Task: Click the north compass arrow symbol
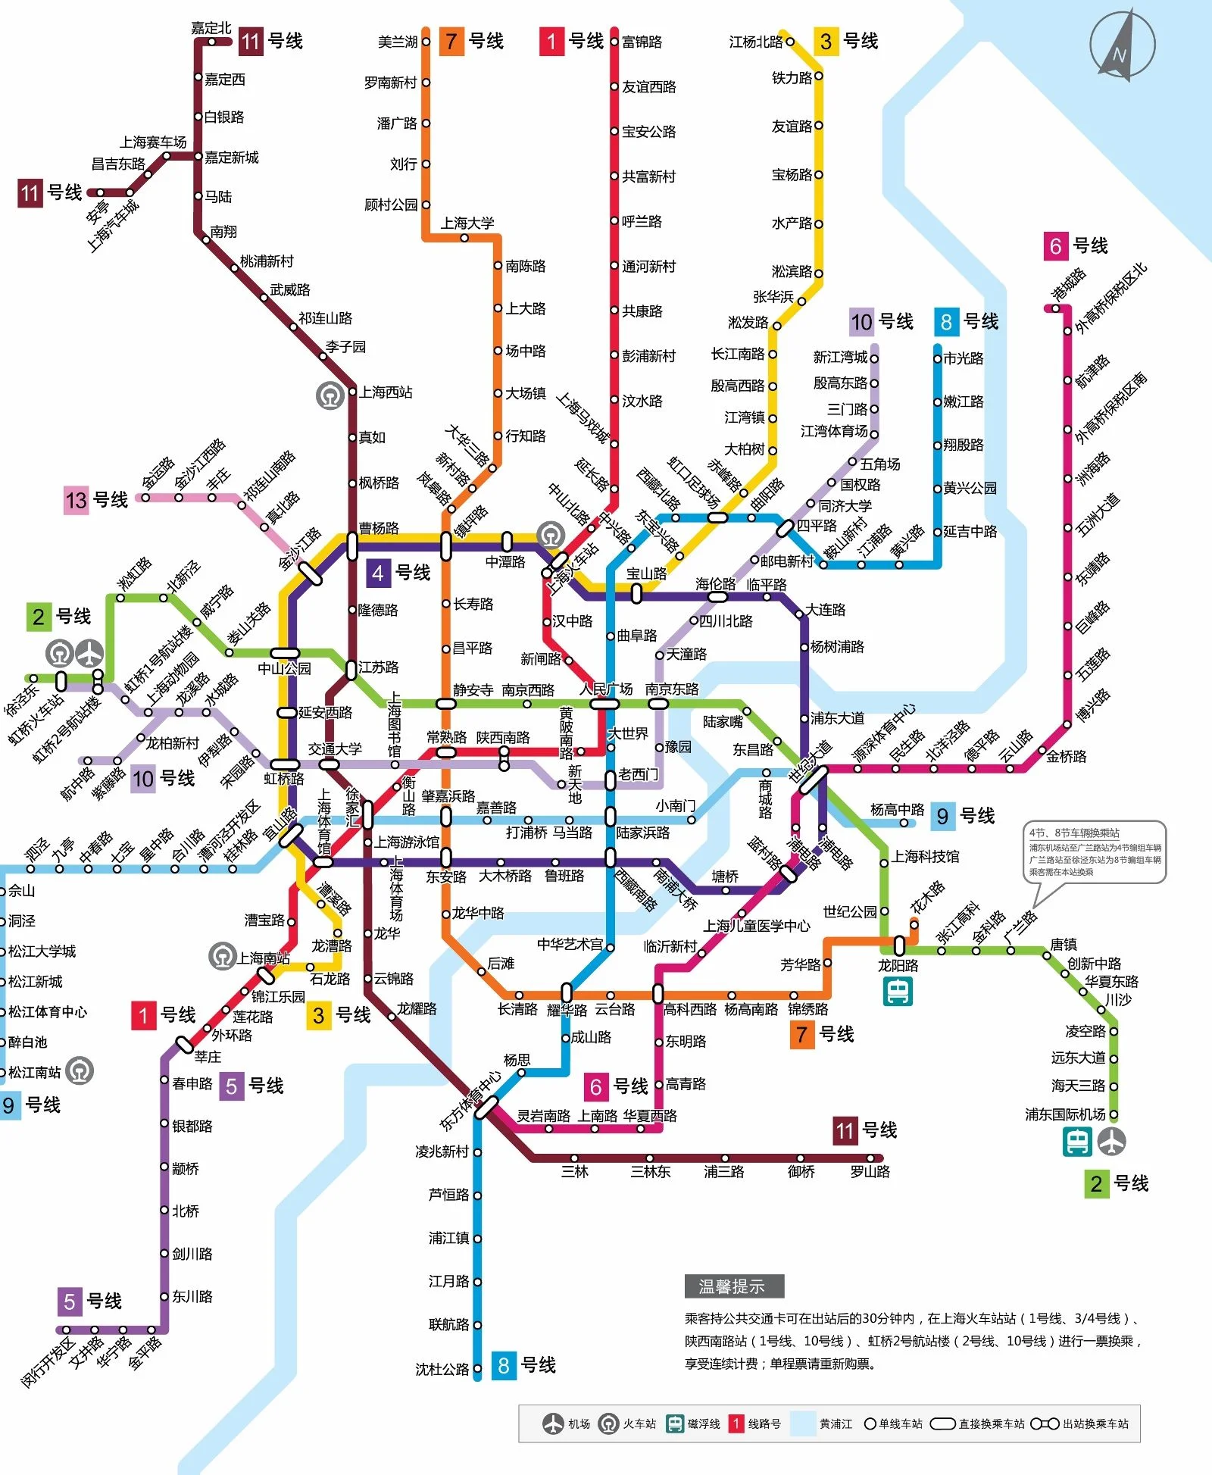pyautogui.click(x=1122, y=45)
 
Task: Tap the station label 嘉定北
pyautogui.click(x=211, y=28)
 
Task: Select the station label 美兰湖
pyautogui.click(x=398, y=42)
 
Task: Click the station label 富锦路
pyautogui.click(x=642, y=42)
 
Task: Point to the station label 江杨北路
pyautogui.click(x=755, y=42)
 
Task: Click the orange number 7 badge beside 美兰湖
pyautogui.click(x=451, y=41)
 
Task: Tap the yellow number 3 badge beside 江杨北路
pyautogui.click(x=826, y=41)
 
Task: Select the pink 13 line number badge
pyautogui.click(x=76, y=500)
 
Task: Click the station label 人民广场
pyautogui.click(x=606, y=689)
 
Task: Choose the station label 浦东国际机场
pyautogui.click(x=1065, y=1114)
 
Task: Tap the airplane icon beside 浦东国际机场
pyautogui.click(x=1111, y=1142)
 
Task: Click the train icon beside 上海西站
pyautogui.click(x=330, y=395)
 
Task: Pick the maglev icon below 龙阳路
pyautogui.click(x=898, y=991)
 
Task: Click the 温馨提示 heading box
pyautogui.click(x=733, y=1286)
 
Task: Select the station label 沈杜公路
pyautogui.click(x=442, y=1369)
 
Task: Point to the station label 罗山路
pyautogui.click(x=870, y=1172)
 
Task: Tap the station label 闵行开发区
pyautogui.click(x=48, y=1363)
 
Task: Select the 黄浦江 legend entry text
pyautogui.click(x=836, y=1424)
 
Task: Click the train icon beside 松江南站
pyautogui.click(x=80, y=1070)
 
